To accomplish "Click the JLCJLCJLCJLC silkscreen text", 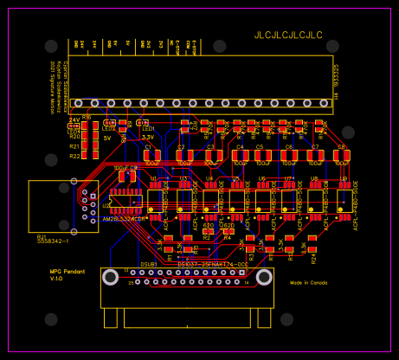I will click(x=287, y=35).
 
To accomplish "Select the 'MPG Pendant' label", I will click(x=66, y=271).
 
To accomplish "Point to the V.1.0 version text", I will click(x=57, y=280).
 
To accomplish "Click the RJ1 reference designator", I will click(x=42, y=235).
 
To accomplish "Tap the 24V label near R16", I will click(x=74, y=119).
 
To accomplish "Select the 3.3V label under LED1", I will click(x=148, y=137).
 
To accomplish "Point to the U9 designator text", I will click(x=343, y=178).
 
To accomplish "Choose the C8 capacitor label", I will click(x=341, y=148).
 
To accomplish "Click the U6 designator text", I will click(x=262, y=178).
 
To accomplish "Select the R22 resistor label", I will click(x=74, y=156).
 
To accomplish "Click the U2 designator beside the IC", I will click(x=106, y=206).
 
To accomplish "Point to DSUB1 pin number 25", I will click(x=132, y=282).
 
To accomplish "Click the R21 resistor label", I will click(x=74, y=146).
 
